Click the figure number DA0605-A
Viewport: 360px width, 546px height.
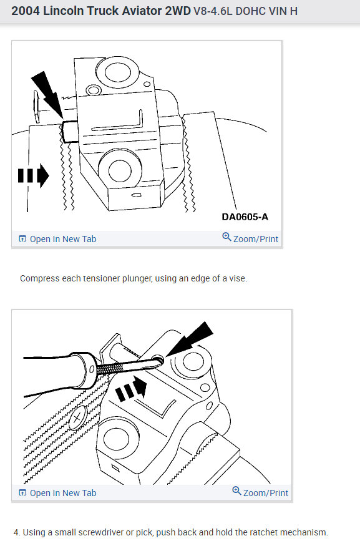point(245,217)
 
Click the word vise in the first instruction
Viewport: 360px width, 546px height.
point(239,278)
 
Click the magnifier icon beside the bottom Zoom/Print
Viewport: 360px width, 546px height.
point(236,492)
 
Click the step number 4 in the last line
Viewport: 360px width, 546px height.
point(16,532)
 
